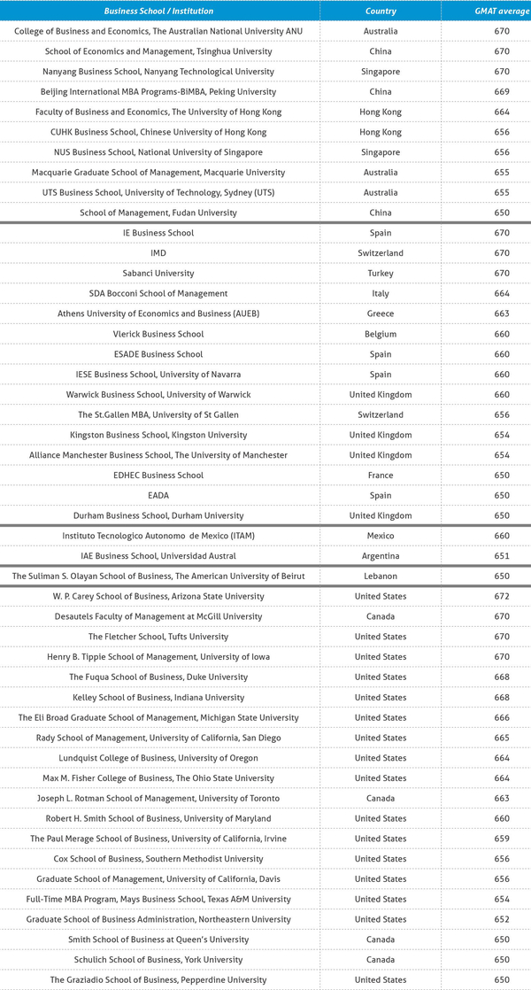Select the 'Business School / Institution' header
(x=158, y=12)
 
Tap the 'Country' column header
(x=380, y=12)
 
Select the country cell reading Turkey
(x=380, y=274)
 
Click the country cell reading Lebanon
(x=380, y=576)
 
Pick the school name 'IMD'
(x=158, y=253)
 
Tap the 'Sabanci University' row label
(x=158, y=274)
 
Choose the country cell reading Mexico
(x=380, y=536)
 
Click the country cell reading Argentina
(x=380, y=556)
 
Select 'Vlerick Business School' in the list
(x=158, y=334)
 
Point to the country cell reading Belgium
(x=380, y=334)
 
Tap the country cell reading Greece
(x=380, y=313)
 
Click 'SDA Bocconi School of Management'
(x=158, y=294)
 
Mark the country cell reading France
(x=380, y=476)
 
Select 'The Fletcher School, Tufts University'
(x=158, y=637)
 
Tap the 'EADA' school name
(x=158, y=495)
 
